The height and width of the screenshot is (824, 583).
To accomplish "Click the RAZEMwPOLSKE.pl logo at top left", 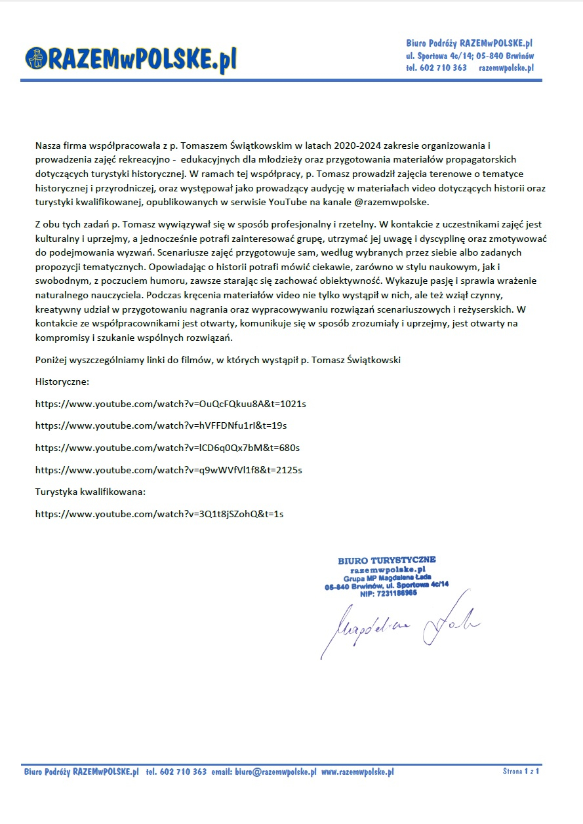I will [131, 59].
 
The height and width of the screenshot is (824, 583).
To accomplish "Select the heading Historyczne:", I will [62, 382].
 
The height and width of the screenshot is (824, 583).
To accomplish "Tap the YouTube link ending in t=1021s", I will [171, 404].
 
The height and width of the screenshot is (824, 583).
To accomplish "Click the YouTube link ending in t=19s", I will [161, 425].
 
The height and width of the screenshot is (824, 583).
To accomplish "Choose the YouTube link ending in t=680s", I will [167, 448].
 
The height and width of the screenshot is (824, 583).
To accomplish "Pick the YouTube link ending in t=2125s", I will [169, 470].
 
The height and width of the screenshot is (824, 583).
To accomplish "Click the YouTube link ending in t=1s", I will [159, 514].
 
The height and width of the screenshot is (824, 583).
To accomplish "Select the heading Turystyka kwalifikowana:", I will [90, 492].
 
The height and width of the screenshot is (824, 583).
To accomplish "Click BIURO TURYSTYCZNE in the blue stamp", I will [386, 560].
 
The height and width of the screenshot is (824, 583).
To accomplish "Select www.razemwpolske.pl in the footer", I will [357, 772].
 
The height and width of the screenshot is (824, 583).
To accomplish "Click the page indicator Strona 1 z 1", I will [521, 772].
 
